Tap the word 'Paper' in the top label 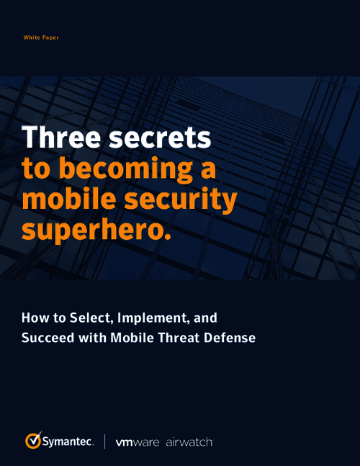(x=50, y=37)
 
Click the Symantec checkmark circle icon (x=33, y=439)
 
